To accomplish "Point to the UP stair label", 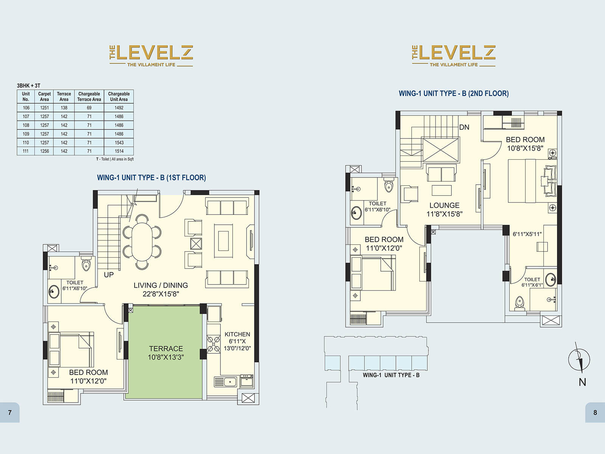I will tap(109, 275).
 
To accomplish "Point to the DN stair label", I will tap(464, 127).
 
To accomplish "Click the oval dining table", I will tap(141, 242).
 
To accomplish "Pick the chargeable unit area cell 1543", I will tap(119, 143).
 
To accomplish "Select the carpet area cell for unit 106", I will tap(44, 108).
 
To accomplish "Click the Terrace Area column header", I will tap(64, 96).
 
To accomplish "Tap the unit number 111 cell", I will tap(26, 151).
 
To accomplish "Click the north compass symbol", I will tap(579, 359).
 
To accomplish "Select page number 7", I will tap(10, 412).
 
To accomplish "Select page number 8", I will tap(595, 412).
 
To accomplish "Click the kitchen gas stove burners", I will tap(214, 344).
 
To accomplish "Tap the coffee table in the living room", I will tap(223, 241).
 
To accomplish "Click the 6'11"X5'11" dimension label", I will tap(527, 234).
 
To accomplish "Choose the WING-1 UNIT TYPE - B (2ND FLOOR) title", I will tap(453, 93).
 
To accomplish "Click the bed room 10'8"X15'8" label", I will tap(525, 144).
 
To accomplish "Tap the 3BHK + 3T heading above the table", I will tap(28, 86).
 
